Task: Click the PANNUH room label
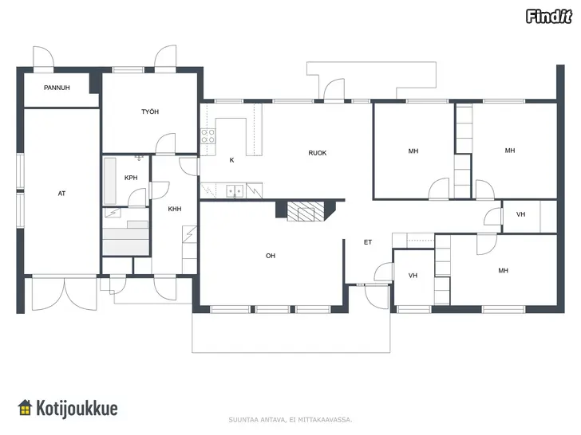pyautogui.click(x=57, y=88)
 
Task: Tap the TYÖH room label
pyautogui.click(x=150, y=112)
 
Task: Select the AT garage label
pyautogui.click(x=61, y=194)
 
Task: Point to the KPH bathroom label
pyautogui.click(x=131, y=178)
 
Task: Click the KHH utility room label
pyautogui.click(x=175, y=209)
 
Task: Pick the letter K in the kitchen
pyautogui.click(x=231, y=160)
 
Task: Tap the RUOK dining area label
pyautogui.click(x=318, y=153)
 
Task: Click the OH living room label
pyautogui.click(x=271, y=256)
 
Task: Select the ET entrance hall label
pyautogui.click(x=368, y=242)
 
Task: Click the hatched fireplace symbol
pyautogui.click(x=306, y=211)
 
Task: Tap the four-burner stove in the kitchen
pyautogui.click(x=207, y=136)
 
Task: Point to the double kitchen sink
pyautogui.click(x=235, y=191)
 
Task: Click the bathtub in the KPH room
pyautogui.click(x=109, y=182)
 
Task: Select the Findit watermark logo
pyautogui.click(x=549, y=17)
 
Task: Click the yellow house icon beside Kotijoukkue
pyautogui.click(x=25, y=408)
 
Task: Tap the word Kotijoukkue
pyautogui.click(x=77, y=409)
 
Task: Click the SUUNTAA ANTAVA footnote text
pyautogui.click(x=290, y=420)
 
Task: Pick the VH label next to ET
pyautogui.click(x=413, y=276)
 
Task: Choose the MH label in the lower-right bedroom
pyautogui.click(x=503, y=271)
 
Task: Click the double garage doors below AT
pyautogui.click(x=65, y=293)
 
